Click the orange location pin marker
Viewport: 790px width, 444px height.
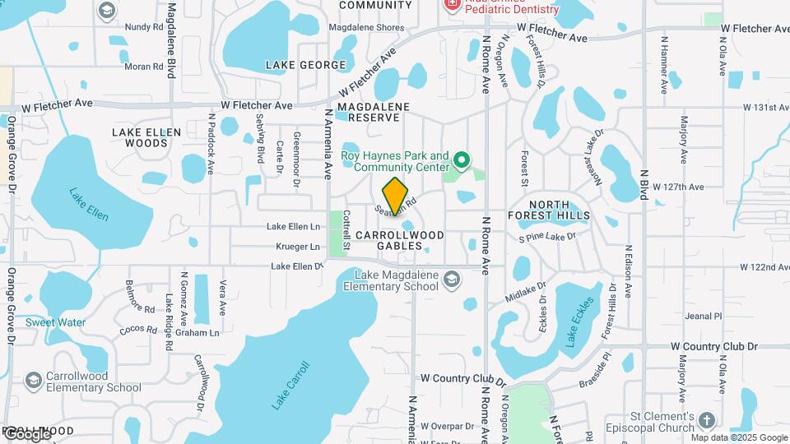coord(396,196)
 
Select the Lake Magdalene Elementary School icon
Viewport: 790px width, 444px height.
coord(451,281)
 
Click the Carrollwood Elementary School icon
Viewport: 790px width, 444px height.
coord(33,380)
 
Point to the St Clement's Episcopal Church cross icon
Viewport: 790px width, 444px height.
coord(707,422)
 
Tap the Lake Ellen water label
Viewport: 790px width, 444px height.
coord(88,205)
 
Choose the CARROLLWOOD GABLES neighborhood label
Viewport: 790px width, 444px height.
coord(399,240)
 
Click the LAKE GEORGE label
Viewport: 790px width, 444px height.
coord(305,65)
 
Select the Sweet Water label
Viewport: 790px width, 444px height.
coord(55,322)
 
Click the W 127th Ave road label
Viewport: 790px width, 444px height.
coord(678,187)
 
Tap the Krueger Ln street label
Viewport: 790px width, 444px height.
coord(297,247)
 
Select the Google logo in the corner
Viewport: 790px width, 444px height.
coord(26,433)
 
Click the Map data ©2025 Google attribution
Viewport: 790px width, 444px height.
coord(738,437)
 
